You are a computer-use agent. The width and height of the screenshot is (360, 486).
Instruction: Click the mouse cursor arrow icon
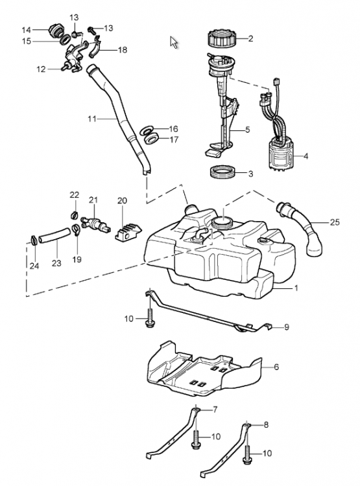click(174, 43)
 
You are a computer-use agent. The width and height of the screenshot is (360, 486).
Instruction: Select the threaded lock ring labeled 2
click(221, 38)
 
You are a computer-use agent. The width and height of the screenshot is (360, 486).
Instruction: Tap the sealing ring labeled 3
click(223, 172)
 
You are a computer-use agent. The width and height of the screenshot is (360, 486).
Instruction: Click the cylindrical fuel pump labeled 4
click(280, 153)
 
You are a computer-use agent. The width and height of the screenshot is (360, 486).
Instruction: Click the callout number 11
click(92, 119)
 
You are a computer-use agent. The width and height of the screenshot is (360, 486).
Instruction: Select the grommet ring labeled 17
click(152, 138)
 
